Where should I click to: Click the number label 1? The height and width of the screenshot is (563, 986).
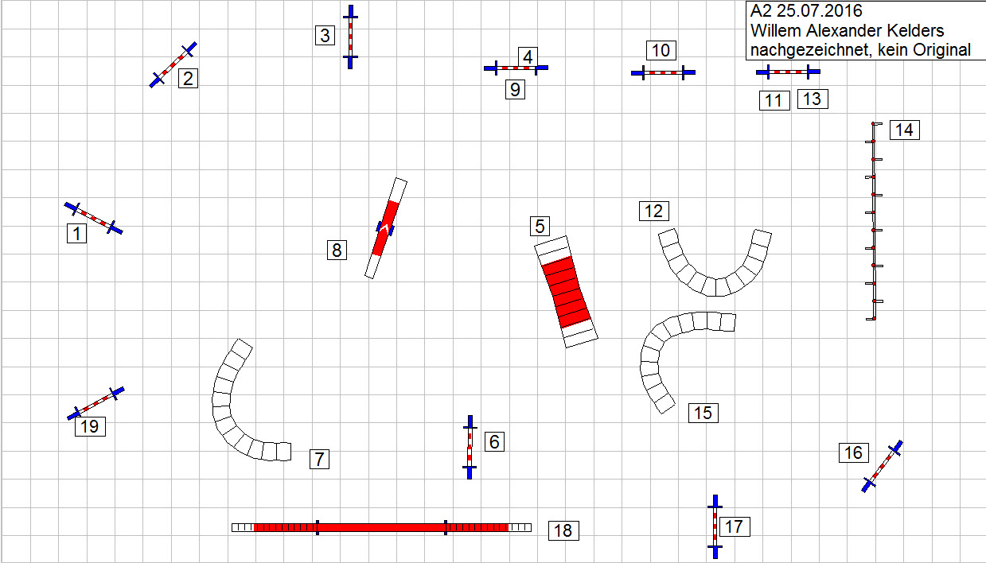(x=76, y=233)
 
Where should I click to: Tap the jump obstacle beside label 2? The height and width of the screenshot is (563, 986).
(x=173, y=65)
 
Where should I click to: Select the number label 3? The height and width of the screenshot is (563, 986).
(x=325, y=35)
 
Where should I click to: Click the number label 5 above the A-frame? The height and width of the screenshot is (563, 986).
(x=540, y=226)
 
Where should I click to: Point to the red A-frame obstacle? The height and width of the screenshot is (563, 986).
(x=566, y=292)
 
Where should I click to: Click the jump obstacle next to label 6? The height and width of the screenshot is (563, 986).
(x=470, y=447)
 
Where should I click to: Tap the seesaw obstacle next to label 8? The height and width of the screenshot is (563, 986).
(x=386, y=228)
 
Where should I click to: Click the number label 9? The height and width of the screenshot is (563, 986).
(x=515, y=89)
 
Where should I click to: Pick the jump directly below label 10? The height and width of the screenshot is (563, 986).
(x=664, y=72)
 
